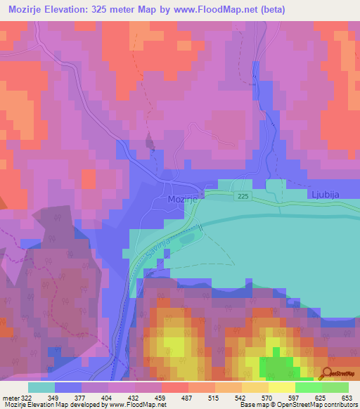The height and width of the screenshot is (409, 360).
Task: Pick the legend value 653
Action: tap(347, 396)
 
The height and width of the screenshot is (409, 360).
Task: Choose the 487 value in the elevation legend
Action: tap(188, 396)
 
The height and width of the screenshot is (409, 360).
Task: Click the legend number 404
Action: tap(108, 396)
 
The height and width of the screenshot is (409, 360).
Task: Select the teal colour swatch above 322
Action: tap(41, 387)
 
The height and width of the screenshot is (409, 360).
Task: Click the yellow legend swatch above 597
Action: tap(282, 387)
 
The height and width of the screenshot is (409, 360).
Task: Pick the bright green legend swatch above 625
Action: tap(309, 387)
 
